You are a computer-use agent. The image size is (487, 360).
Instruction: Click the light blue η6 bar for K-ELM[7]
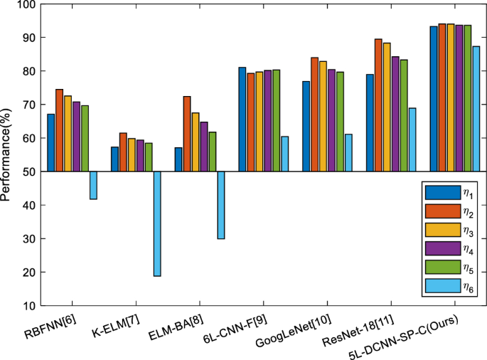[157, 223]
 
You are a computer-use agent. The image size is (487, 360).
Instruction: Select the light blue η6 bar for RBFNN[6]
[93, 185]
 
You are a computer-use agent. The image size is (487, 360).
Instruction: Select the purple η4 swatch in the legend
[437, 248]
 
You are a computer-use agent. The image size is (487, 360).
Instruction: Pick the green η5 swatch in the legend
[437, 268]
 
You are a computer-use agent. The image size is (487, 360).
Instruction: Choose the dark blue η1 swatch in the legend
[437, 192]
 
